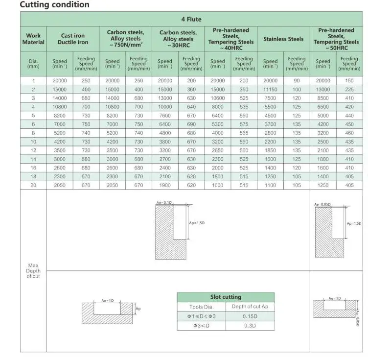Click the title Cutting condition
[54, 5]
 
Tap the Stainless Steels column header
[283, 39]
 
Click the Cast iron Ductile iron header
[72, 39]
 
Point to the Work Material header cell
[33, 39]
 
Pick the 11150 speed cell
[270, 90]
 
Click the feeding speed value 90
[297, 81]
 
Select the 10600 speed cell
[218, 98]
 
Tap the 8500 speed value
[323, 98]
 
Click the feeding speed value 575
[244, 124]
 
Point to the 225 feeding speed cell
[349, 90]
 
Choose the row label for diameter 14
[33, 159]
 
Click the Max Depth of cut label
[33, 271]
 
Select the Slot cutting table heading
[226, 297]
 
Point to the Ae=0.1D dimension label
[164, 202]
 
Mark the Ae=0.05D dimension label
[323, 204]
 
